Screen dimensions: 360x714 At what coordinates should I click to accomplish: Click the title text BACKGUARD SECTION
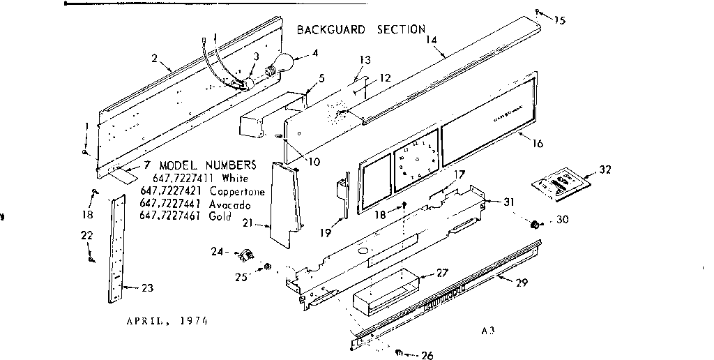360,29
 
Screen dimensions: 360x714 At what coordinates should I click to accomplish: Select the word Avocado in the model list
228,203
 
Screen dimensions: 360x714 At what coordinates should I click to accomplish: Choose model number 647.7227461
172,216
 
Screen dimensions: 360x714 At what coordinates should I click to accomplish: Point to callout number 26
426,355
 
